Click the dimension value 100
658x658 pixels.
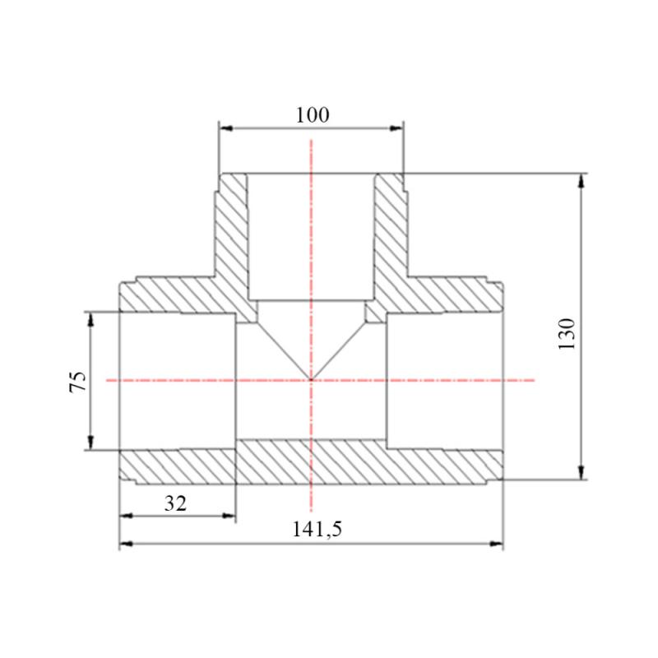point(313,115)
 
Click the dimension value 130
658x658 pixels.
point(567,334)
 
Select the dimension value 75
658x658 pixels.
point(78,382)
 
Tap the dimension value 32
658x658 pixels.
point(175,503)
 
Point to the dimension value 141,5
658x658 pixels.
point(317,529)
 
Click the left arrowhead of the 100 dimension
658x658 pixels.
point(226,128)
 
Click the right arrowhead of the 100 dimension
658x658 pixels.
point(396,128)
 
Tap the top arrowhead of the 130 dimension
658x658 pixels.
point(581,180)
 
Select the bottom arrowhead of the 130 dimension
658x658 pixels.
point(581,472)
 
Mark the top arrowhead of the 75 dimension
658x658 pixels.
point(90,319)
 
